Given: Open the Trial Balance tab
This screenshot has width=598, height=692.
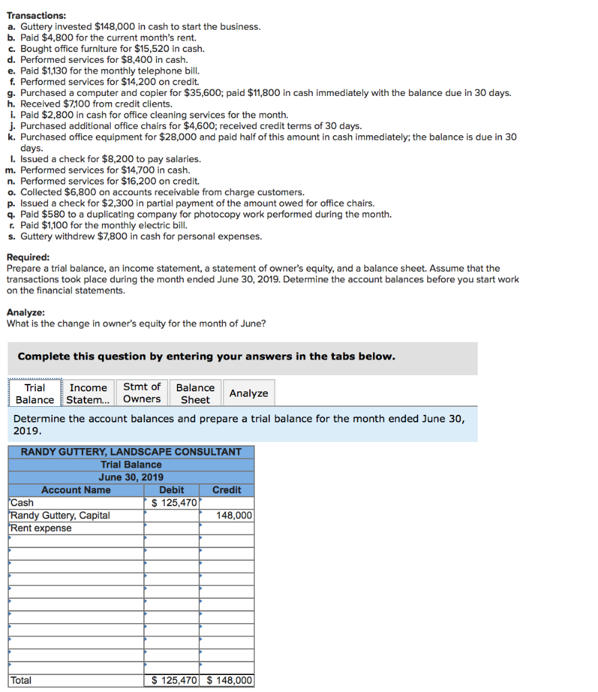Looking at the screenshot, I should click(x=35, y=393).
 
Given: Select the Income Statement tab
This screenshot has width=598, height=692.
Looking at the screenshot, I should click(x=89, y=393).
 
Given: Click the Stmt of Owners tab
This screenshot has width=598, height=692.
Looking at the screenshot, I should click(x=142, y=393).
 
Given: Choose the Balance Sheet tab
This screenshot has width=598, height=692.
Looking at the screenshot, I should click(x=195, y=393).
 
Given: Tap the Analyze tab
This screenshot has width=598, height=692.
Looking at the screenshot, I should click(x=249, y=393).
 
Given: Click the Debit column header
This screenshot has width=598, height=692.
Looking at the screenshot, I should click(x=172, y=490).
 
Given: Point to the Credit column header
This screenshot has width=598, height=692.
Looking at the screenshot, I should click(x=226, y=490).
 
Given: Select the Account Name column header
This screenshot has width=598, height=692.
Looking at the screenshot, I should click(x=76, y=490).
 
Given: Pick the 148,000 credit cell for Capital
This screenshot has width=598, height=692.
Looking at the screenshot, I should click(x=227, y=516).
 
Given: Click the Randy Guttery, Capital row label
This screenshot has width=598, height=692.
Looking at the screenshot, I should click(x=60, y=516).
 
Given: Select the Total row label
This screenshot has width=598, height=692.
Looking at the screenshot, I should click(x=21, y=681).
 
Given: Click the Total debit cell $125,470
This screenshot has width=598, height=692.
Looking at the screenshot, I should click(x=172, y=681).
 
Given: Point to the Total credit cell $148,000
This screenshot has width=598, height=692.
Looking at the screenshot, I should click(x=228, y=681).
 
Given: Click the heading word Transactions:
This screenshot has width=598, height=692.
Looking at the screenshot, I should click(x=36, y=15).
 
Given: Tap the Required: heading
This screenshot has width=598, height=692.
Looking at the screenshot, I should click(x=28, y=257).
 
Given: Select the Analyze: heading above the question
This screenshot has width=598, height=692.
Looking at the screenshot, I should click(x=26, y=312).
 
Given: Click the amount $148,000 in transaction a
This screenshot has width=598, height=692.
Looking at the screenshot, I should click(x=119, y=26).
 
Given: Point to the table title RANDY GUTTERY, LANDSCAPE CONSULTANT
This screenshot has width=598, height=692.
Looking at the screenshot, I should click(x=131, y=451).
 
